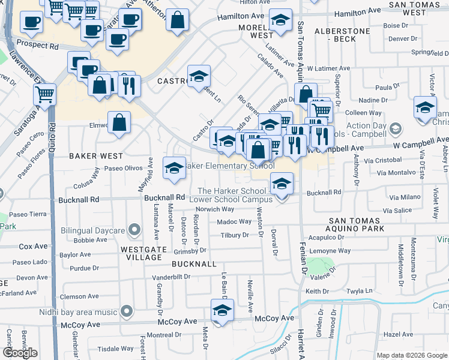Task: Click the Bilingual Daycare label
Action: point(92,230)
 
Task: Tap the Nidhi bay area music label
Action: point(78,312)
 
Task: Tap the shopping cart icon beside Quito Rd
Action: point(45,94)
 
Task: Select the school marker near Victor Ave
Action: point(425,109)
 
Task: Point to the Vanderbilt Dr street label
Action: point(170,277)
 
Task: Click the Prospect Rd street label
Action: point(37,44)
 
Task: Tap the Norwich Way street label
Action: point(214,209)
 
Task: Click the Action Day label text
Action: point(366,126)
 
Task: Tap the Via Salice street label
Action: point(397,211)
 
